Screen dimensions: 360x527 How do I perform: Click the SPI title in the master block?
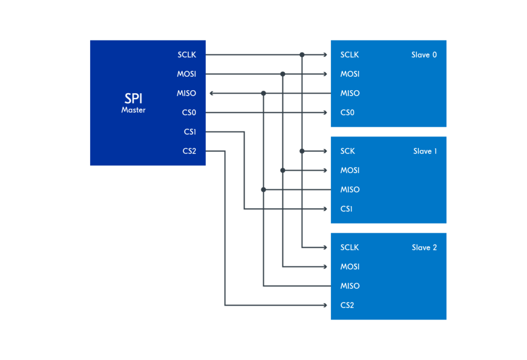[134, 98]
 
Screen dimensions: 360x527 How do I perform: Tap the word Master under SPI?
[133, 110]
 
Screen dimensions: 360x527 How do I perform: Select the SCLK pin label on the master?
[186, 55]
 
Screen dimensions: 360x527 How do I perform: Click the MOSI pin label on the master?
[186, 74]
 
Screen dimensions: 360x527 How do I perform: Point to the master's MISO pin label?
[186, 93]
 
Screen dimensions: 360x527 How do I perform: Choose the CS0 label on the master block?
[189, 113]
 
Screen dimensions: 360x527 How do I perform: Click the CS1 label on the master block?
[190, 132]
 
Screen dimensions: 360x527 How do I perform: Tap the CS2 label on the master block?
[189, 151]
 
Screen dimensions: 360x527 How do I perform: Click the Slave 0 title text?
[424, 55]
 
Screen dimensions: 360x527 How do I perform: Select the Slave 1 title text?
[425, 151]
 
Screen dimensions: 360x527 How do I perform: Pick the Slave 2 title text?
[424, 247]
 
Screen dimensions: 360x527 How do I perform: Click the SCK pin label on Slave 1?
[347, 151]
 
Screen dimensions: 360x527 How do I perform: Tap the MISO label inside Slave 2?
[350, 286]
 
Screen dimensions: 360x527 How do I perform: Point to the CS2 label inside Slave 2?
[347, 305]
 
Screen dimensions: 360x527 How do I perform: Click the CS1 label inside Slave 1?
[346, 209]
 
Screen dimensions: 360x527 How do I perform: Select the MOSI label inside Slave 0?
[350, 74]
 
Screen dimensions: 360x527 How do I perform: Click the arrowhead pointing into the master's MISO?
[212, 93]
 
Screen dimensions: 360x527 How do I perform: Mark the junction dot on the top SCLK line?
[302, 55]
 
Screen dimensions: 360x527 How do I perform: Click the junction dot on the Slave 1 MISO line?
[263, 190]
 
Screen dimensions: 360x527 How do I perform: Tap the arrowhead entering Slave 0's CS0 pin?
[325, 113]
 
